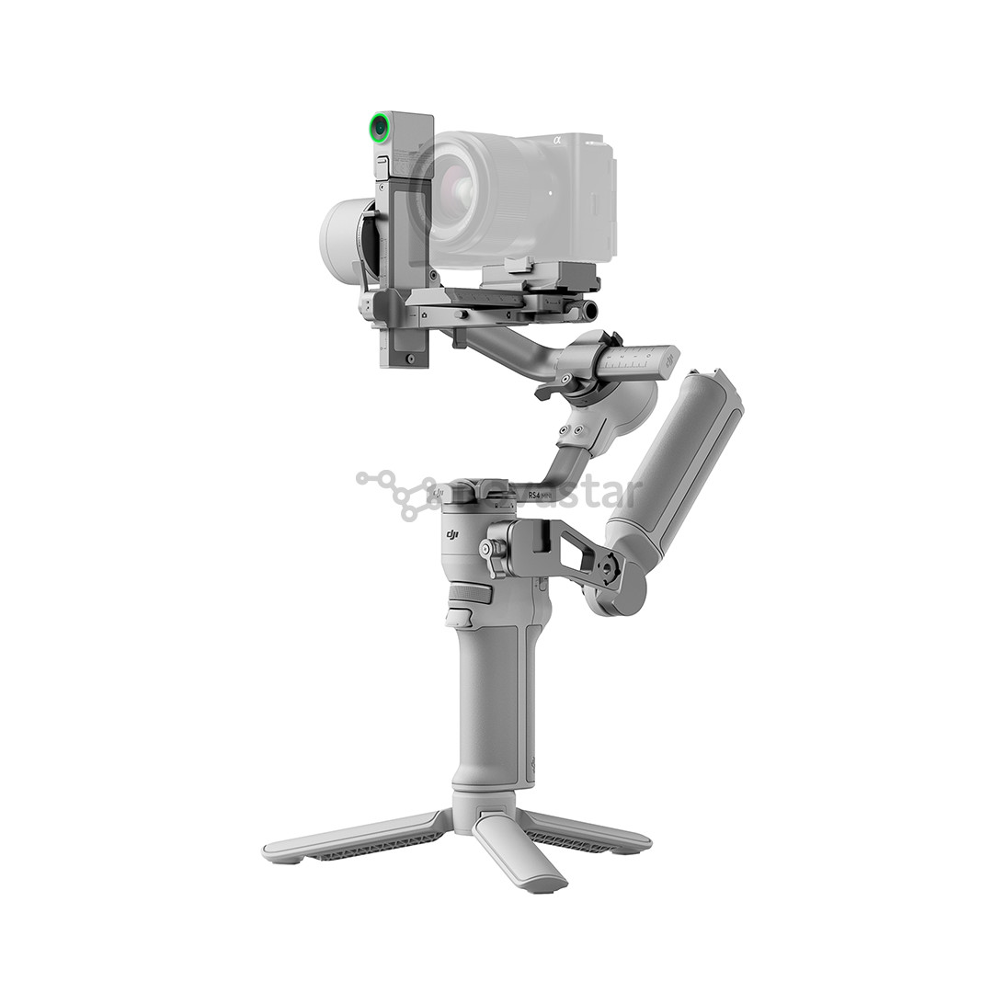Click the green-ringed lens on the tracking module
click(x=379, y=128)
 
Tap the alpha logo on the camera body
click(x=556, y=141)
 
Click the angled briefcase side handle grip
click(x=675, y=460)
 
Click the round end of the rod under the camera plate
click(x=589, y=311)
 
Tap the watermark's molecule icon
click(x=395, y=492)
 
